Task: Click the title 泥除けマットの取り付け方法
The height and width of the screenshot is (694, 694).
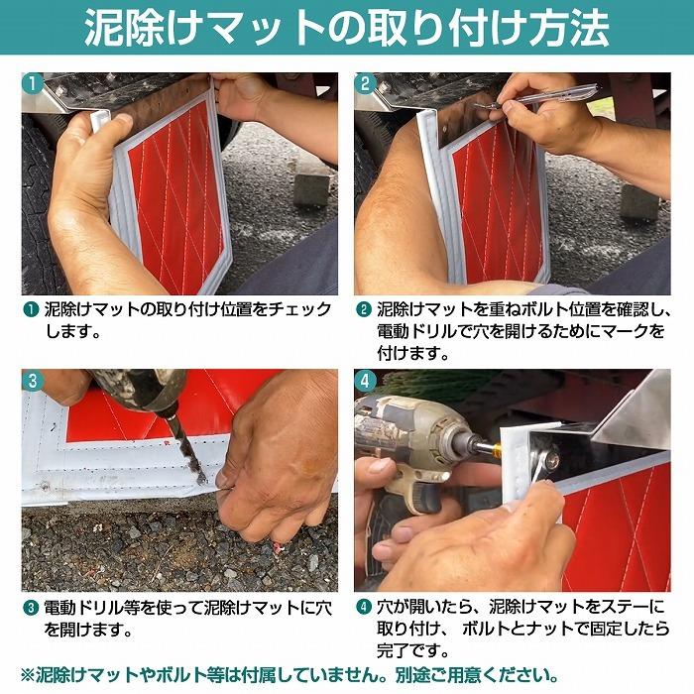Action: [346, 29]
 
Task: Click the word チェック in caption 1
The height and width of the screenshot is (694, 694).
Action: [301, 309]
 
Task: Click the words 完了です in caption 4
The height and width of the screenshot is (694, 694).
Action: [411, 650]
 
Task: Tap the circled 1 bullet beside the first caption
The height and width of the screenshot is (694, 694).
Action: [32, 309]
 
